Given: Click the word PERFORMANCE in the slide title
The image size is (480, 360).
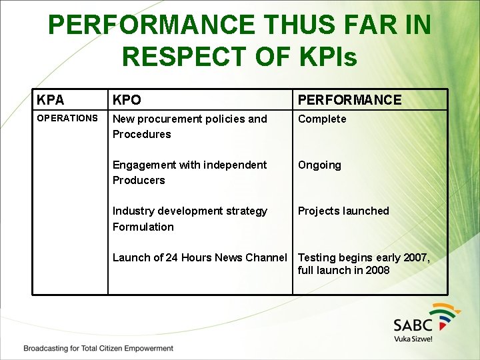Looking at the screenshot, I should (152, 25).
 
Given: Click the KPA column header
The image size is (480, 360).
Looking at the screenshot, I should (51, 100).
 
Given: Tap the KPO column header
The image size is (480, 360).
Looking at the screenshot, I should (127, 100).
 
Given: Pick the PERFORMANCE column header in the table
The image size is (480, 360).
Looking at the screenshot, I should (349, 100).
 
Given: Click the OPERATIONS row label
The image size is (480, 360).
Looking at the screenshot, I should (67, 118).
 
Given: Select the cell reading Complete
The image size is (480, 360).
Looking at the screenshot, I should (322, 119).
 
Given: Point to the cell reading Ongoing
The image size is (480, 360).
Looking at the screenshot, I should (319, 165).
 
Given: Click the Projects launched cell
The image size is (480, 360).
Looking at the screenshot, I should (343, 211).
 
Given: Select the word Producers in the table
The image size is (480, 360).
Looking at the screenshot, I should (139, 180).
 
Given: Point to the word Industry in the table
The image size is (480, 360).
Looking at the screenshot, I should (133, 211).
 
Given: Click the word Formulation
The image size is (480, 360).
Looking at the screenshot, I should (143, 227).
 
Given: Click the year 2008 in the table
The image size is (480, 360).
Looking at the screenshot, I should (376, 270).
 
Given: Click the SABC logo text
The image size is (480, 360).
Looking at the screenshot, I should (413, 325).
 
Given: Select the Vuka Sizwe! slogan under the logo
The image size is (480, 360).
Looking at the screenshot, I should (413, 339).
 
